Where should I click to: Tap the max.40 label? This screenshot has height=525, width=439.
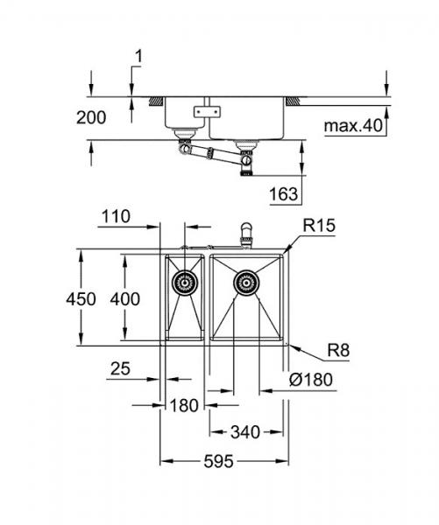click(x=353, y=128)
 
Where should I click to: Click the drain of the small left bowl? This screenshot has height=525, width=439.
click(x=185, y=282)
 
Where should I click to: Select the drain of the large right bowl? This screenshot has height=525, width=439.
click(x=246, y=282)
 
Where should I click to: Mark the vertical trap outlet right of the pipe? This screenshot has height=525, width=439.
click(x=246, y=164)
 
